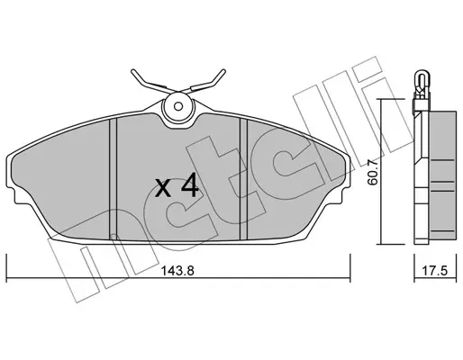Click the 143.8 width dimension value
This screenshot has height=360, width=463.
coord(177,271)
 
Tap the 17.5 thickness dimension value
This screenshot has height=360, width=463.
coord(435,271)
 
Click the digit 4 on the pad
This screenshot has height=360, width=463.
coord(190,186)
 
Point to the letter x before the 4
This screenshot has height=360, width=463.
coord(164,189)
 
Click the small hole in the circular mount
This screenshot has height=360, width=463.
coord(178,106)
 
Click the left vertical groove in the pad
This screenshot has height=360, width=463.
coord(113,179)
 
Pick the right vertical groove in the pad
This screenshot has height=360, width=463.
coord(243,179)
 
